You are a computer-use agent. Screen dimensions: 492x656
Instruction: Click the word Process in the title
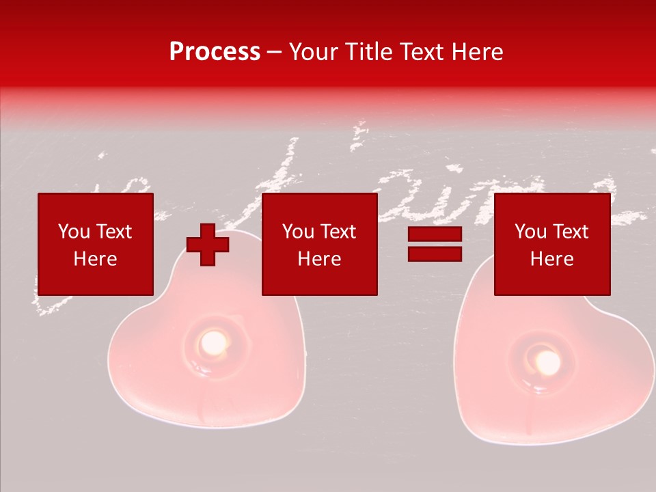tap(215, 52)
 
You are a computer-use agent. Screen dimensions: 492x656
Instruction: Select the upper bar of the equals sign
tap(435, 235)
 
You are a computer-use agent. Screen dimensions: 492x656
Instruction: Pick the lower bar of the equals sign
tap(435, 254)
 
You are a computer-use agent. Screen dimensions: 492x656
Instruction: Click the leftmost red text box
tap(95, 244)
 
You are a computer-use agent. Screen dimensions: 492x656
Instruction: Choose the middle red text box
tap(319, 244)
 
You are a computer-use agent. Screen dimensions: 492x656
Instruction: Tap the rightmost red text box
tap(551, 244)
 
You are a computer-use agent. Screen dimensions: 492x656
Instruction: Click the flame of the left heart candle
tap(213, 340)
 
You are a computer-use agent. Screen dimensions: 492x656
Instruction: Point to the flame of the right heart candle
tap(547, 363)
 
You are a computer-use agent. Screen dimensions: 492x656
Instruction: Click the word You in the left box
tap(72, 232)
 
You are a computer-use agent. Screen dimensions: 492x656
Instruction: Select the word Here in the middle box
tap(319, 258)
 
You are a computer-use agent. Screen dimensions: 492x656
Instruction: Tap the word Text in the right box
tap(570, 232)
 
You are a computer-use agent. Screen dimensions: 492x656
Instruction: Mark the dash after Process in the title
tap(275, 53)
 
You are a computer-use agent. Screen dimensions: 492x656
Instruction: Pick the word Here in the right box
tap(551, 258)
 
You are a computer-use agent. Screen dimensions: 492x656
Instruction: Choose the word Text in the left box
tap(113, 232)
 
